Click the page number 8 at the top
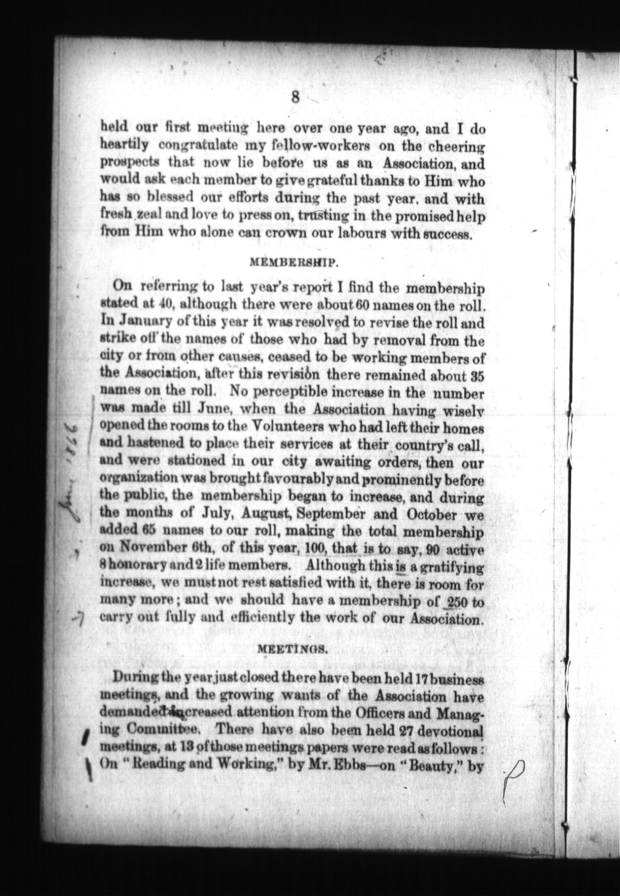coord(295,98)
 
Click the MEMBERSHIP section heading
coord(292,263)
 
